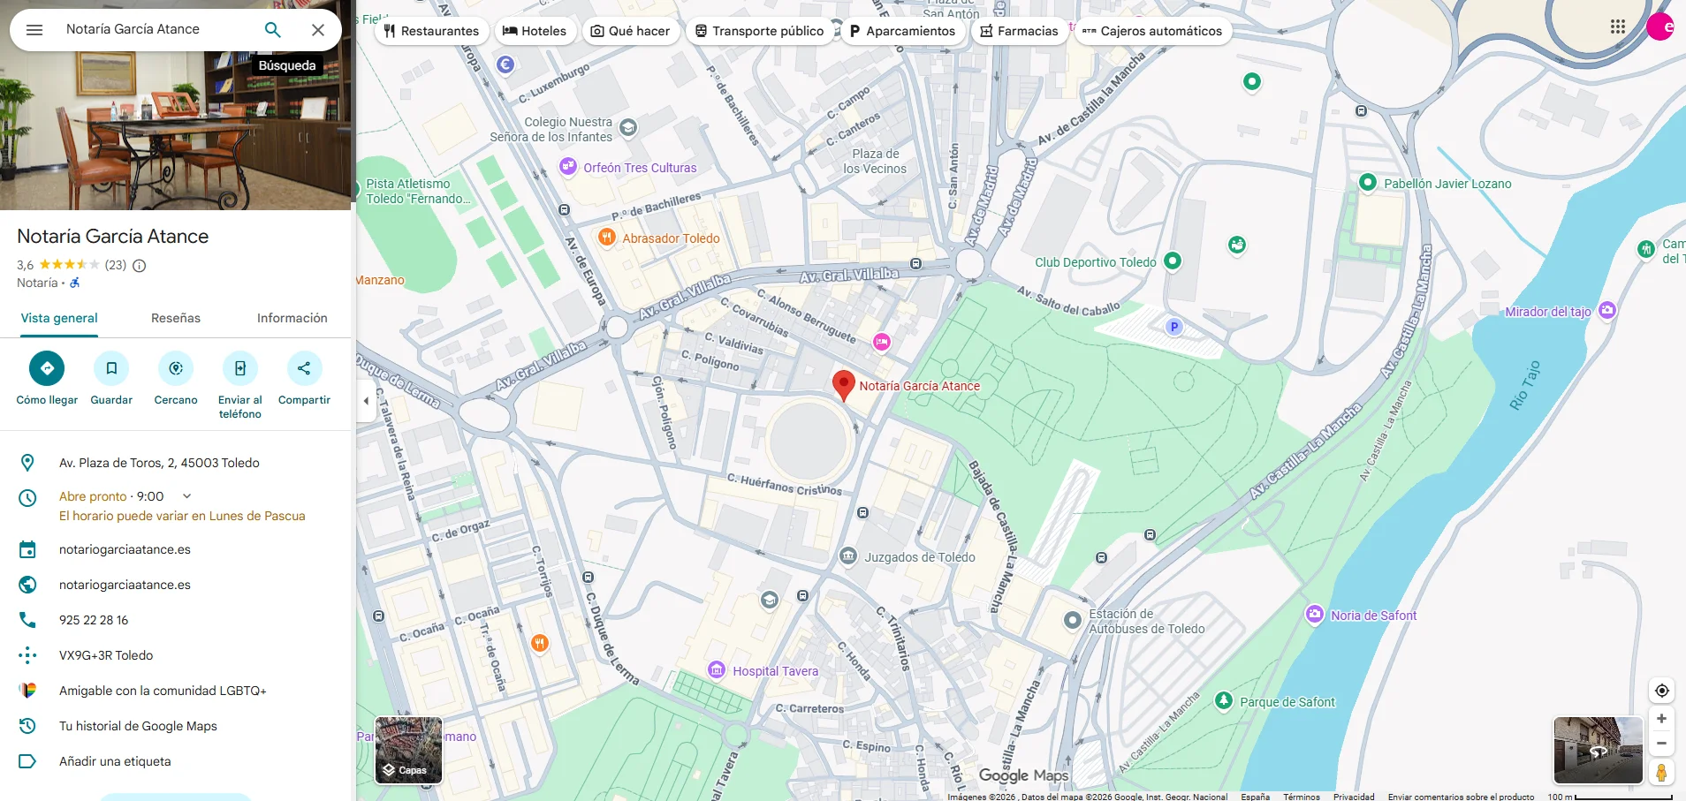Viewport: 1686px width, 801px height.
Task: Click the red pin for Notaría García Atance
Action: pyautogui.click(x=844, y=384)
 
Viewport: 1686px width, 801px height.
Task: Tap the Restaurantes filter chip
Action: pyautogui.click(x=431, y=31)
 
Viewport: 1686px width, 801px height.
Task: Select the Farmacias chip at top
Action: pyautogui.click(x=1019, y=31)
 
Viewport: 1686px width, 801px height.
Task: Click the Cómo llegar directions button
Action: pyautogui.click(x=47, y=368)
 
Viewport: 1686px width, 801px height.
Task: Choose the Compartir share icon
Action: pyautogui.click(x=304, y=368)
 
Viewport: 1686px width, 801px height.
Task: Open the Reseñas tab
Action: pyautogui.click(x=176, y=318)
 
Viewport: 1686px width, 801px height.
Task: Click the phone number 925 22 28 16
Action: pyautogui.click(x=94, y=620)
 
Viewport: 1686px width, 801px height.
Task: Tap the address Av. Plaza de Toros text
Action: pyautogui.click(x=159, y=463)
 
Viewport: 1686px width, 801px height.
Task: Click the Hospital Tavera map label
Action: pyautogui.click(x=775, y=671)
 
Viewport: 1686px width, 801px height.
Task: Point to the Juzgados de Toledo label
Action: pyautogui.click(x=919, y=557)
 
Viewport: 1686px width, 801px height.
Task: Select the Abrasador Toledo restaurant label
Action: pyautogui.click(x=670, y=238)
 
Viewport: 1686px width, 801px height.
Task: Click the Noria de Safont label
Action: pyautogui.click(x=1373, y=616)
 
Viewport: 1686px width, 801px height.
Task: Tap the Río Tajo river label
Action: pyautogui.click(x=1525, y=385)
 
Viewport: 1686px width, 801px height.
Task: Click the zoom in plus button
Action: pyautogui.click(x=1661, y=719)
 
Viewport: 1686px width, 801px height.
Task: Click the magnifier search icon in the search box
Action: pyautogui.click(x=273, y=30)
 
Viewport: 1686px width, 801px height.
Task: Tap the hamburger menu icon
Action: pyautogui.click(x=34, y=30)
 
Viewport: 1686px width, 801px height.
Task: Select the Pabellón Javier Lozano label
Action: pyautogui.click(x=1447, y=184)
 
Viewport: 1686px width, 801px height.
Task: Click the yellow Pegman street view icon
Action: pyautogui.click(x=1661, y=773)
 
